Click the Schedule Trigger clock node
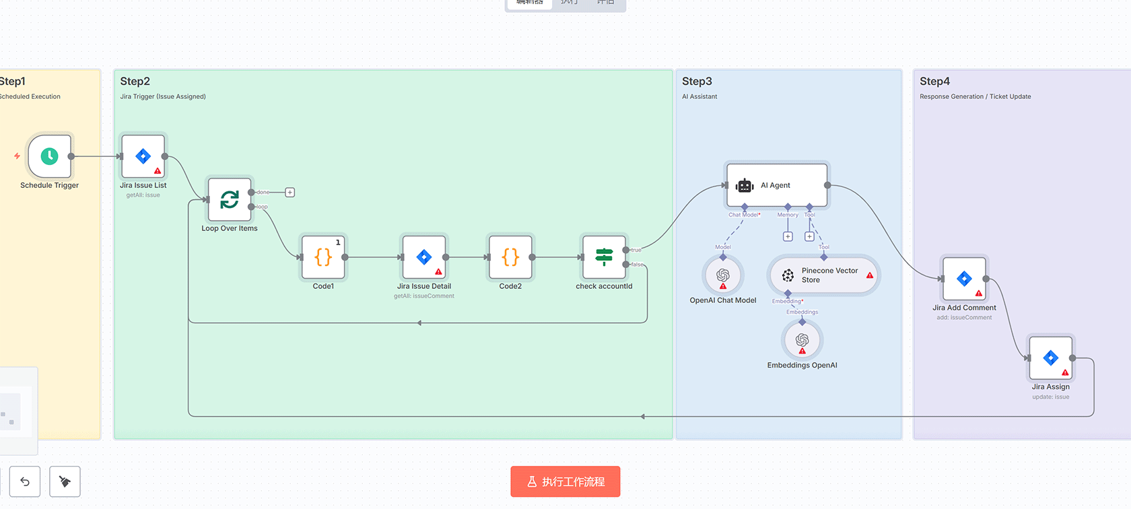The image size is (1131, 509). tap(49, 156)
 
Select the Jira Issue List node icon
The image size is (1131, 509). tap(143, 156)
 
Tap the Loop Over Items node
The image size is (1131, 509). tap(230, 199)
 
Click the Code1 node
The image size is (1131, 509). tap(323, 257)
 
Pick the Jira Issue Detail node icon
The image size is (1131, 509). tap(423, 257)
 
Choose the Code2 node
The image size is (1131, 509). tap(510, 257)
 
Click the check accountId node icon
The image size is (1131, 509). tap(604, 257)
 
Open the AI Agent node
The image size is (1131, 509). tap(776, 185)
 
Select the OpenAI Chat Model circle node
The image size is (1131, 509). tap(723, 275)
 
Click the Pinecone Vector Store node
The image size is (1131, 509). tap(823, 275)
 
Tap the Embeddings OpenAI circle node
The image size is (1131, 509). tap(802, 340)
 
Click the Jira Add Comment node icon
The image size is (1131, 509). tap(964, 279)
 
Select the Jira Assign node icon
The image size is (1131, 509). tap(1050, 358)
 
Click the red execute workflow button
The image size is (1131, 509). tap(565, 481)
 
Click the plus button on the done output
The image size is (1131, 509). tap(290, 193)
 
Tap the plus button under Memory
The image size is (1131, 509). tap(788, 236)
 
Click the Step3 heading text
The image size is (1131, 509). tap(697, 81)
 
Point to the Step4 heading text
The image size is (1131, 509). tap(934, 81)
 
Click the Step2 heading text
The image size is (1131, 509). tap(135, 81)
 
